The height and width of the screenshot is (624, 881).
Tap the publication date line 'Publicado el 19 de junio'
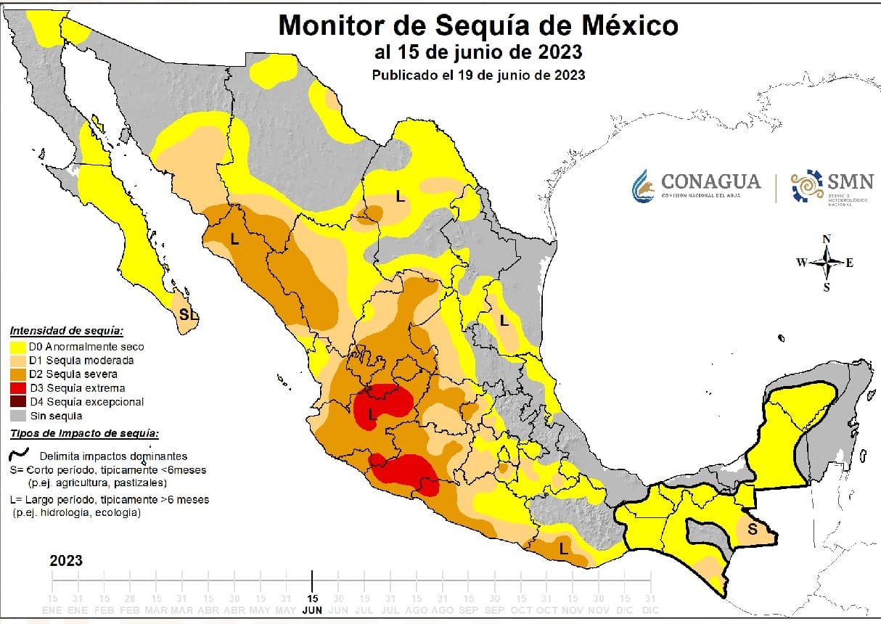(478, 75)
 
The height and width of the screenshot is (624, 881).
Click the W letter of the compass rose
(801, 263)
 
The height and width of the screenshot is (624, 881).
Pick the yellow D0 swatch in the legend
(19, 347)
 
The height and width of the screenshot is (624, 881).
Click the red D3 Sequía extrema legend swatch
(19, 388)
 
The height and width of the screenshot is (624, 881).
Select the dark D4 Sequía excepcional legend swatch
(19, 402)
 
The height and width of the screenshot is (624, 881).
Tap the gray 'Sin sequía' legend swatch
(19, 416)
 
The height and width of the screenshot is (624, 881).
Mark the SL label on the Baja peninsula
(188, 315)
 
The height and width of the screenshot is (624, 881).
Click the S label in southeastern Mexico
(752, 530)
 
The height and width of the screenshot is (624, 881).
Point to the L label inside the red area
(372, 414)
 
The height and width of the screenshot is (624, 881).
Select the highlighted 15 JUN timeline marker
(312, 604)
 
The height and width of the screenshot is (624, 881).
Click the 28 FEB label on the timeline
(130, 604)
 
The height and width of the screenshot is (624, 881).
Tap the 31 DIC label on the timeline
(650, 604)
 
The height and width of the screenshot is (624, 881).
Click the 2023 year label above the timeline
(66, 561)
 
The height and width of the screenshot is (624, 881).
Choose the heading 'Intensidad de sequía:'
(66, 331)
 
